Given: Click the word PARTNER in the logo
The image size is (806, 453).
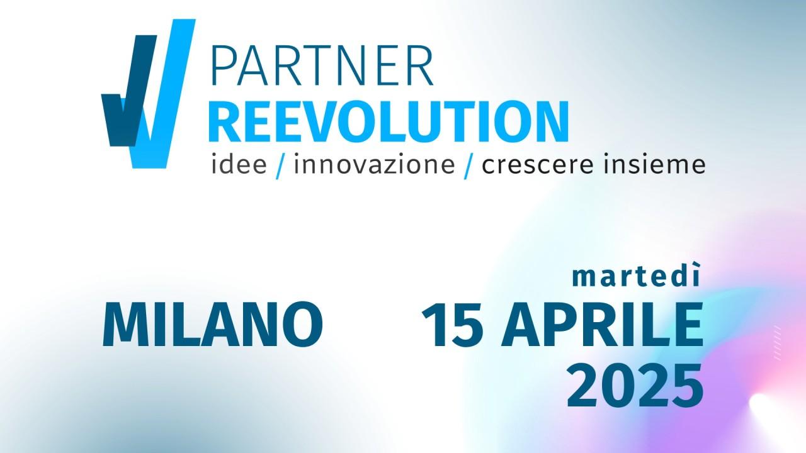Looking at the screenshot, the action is (x=322, y=65).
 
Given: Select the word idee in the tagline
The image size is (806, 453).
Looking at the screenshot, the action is (x=239, y=164).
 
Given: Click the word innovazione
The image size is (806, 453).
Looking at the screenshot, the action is (x=375, y=164).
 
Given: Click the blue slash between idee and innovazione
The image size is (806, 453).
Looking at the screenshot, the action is (x=280, y=165).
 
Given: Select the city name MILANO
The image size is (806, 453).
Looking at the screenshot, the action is (x=213, y=324).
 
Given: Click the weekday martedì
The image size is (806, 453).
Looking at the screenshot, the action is (x=637, y=275).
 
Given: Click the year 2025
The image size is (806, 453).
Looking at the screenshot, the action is (x=635, y=386).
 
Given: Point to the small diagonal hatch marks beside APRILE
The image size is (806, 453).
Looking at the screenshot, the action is (x=777, y=342).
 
